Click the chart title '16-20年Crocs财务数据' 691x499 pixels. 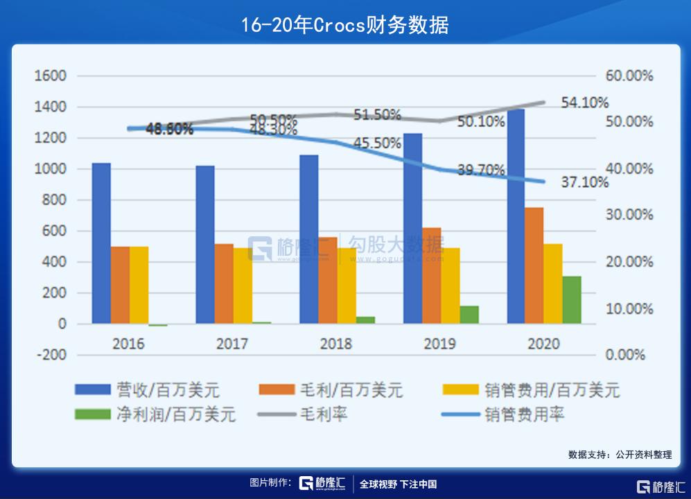345,25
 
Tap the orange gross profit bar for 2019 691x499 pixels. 431,275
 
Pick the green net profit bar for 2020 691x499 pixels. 572,299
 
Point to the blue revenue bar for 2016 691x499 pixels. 101,243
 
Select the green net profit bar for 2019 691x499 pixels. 469,315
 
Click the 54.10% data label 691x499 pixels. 584,103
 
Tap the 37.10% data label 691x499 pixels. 584,183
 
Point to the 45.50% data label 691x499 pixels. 377,143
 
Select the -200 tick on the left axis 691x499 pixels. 51,355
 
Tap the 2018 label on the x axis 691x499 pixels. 337,344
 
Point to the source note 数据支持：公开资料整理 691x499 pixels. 620,455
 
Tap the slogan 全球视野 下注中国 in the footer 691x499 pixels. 398,484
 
